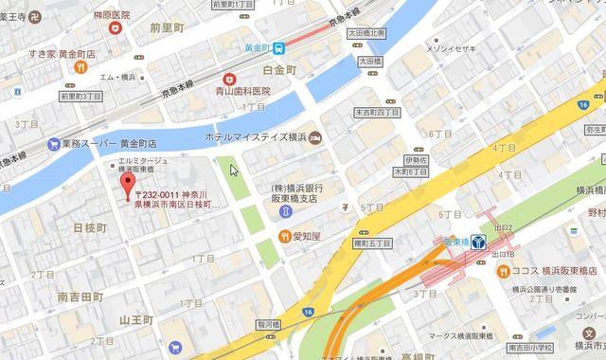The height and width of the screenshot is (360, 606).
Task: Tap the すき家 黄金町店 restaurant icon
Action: point(82,67)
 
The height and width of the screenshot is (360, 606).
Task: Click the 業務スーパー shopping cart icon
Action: point(53,144)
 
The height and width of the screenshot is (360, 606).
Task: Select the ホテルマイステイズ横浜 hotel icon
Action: point(314,138)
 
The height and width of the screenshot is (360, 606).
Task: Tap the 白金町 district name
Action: point(280,71)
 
